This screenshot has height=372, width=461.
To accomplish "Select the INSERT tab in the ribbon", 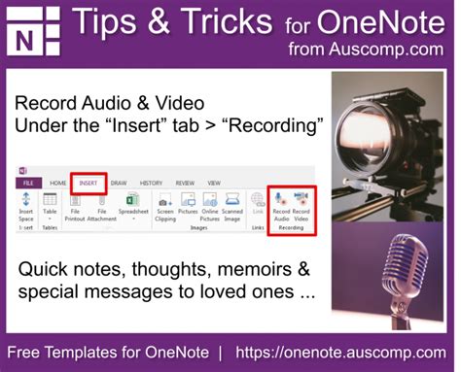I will click(x=88, y=182).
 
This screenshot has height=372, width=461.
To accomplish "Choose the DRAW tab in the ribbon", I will click(x=119, y=182).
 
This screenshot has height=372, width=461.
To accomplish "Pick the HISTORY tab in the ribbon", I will click(x=151, y=182).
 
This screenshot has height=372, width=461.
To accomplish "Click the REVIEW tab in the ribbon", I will click(x=185, y=182).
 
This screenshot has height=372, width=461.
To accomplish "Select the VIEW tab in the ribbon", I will click(x=214, y=182).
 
